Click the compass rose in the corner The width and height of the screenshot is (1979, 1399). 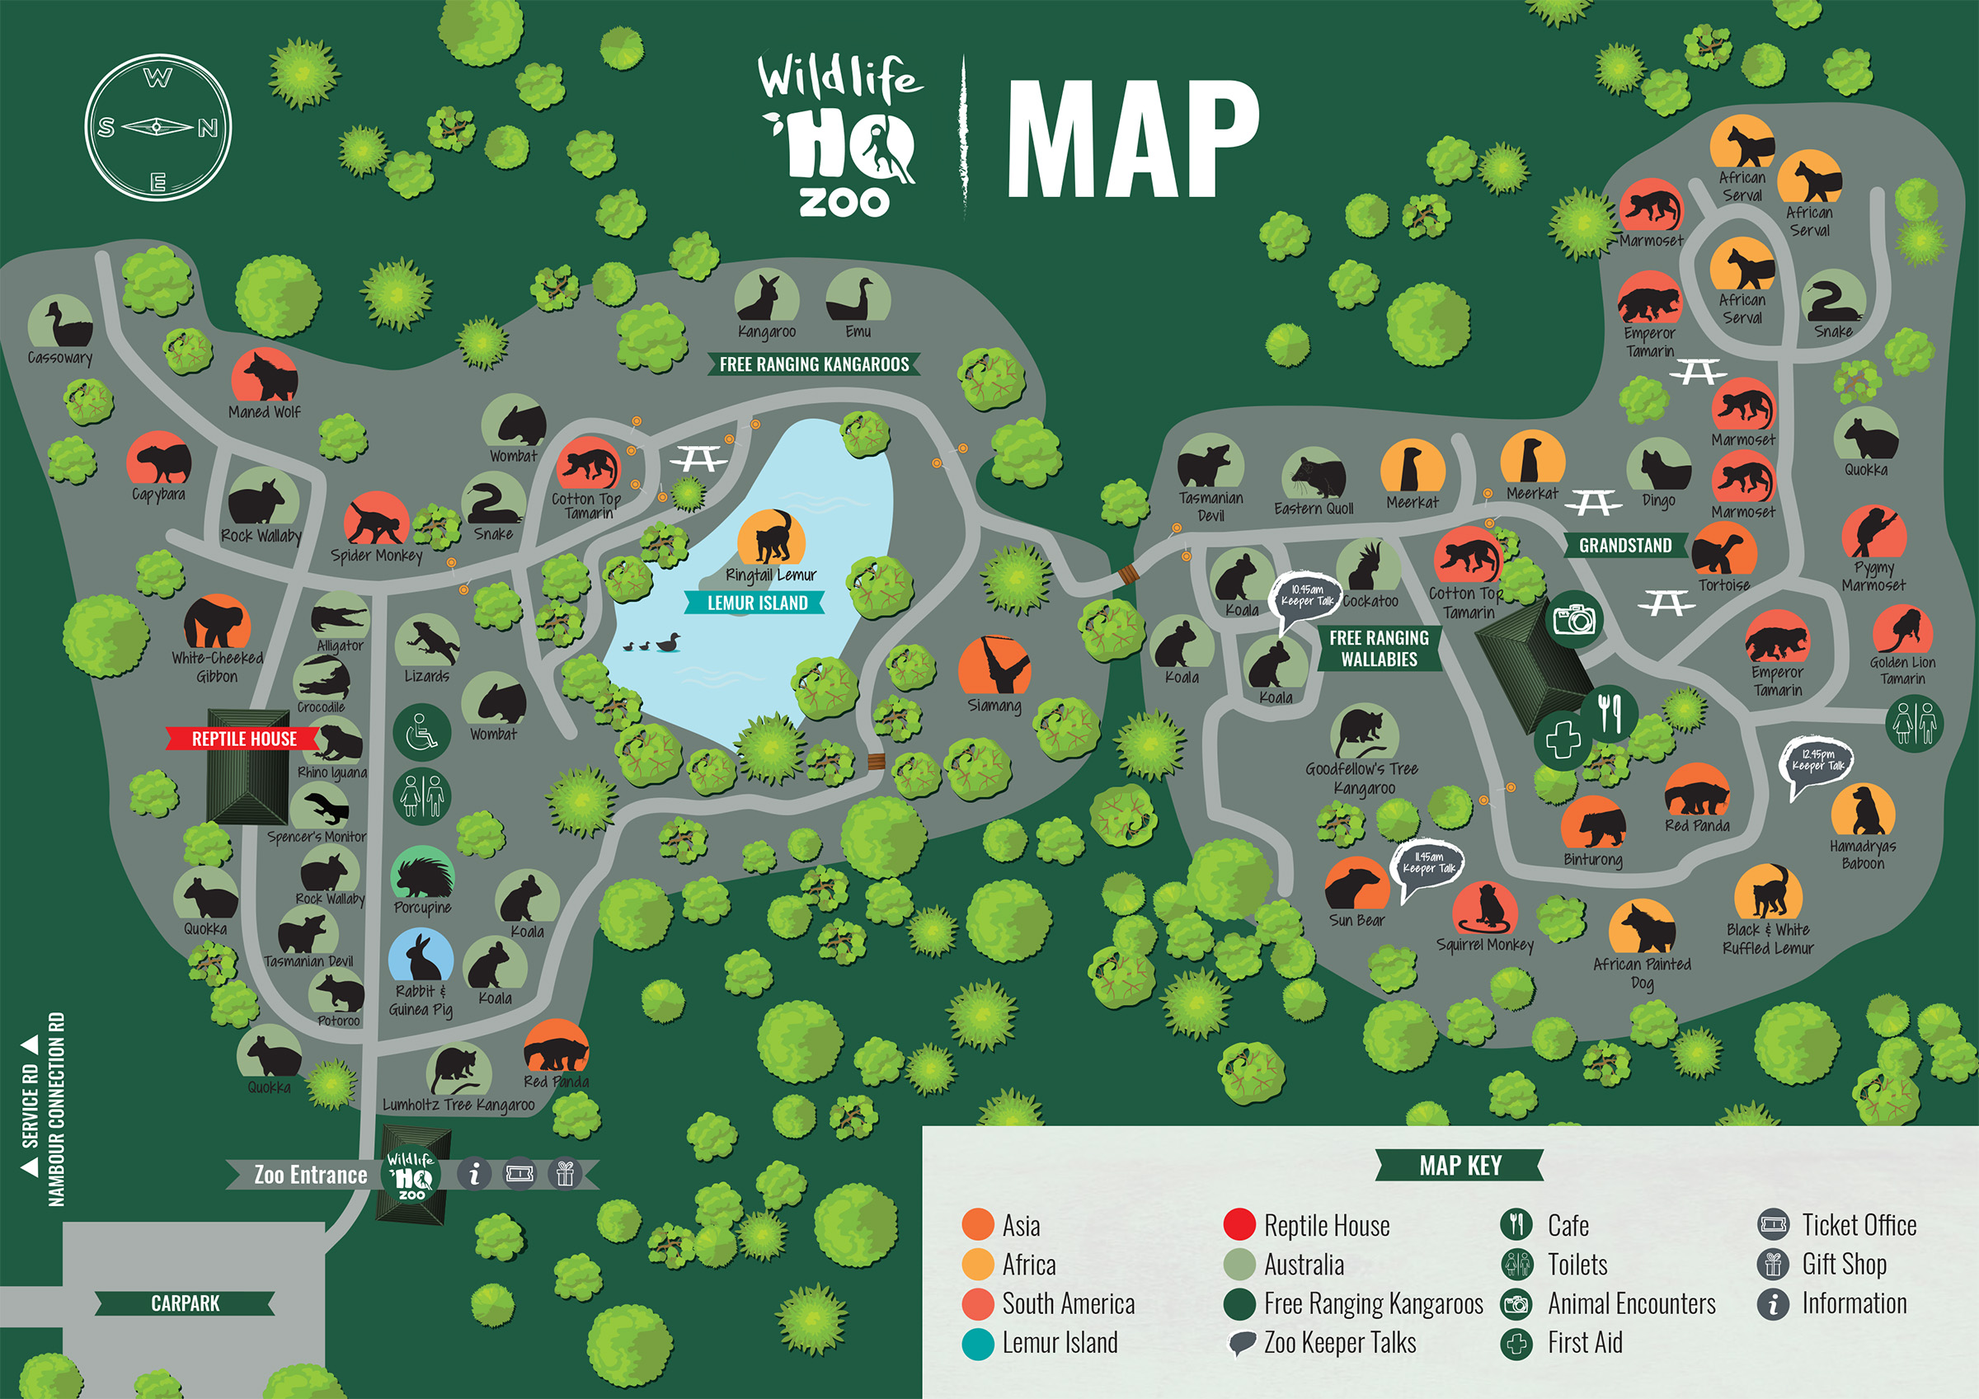(x=157, y=129)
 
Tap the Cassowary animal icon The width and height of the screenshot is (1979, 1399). (x=60, y=322)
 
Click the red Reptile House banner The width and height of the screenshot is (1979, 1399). (x=244, y=739)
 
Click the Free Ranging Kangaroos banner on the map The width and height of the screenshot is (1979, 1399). (x=814, y=364)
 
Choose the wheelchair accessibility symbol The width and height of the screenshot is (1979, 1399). (x=421, y=732)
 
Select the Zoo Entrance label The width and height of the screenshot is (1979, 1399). (x=310, y=1175)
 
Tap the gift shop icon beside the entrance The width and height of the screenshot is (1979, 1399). (x=565, y=1173)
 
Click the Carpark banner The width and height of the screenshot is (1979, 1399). (x=186, y=1303)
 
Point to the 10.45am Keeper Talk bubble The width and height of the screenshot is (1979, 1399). (x=1307, y=596)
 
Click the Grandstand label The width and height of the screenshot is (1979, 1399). (x=1624, y=546)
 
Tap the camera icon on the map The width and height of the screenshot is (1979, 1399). (x=1574, y=619)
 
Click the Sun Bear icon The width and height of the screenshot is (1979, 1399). (x=1356, y=885)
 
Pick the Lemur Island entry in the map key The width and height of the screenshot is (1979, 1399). (x=1059, y=1343)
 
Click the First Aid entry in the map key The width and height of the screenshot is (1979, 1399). (x=1583, y=1343)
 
